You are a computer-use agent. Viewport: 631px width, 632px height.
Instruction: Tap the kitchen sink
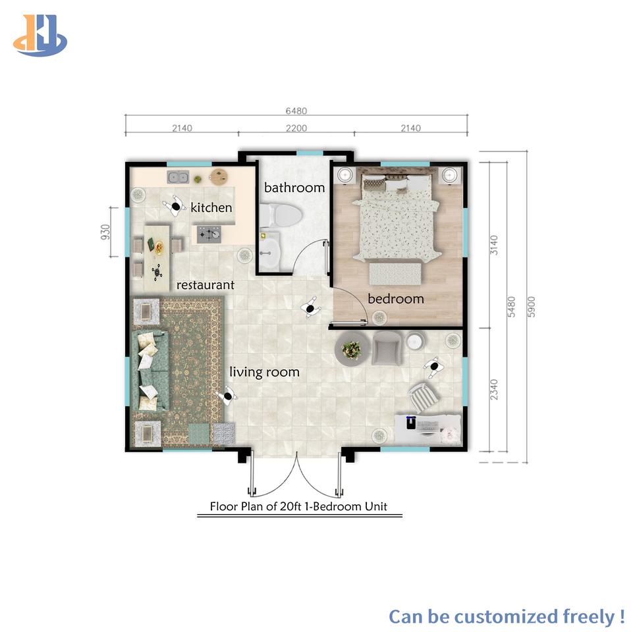(178, 177)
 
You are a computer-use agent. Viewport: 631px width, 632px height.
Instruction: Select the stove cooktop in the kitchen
(209, 234)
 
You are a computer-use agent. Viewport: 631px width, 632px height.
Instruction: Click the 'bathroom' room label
(294, 188)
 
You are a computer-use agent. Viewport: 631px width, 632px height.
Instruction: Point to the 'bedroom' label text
(396, 299)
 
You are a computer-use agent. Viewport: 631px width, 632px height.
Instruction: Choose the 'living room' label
(265, 371)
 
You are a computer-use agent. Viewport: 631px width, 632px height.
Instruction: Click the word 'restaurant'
(206, 285)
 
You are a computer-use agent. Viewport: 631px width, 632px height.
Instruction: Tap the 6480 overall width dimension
(296, 111)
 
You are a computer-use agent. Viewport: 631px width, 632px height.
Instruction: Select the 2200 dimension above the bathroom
(296, 128)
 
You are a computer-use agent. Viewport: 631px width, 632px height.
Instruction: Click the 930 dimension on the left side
(105, 232)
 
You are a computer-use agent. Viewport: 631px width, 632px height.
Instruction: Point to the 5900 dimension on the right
(532, 307)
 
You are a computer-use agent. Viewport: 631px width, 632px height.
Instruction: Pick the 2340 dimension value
(494, 389)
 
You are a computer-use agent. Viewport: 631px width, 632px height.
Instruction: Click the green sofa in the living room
(149, 370)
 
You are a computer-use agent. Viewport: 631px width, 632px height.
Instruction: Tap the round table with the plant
(351, 349)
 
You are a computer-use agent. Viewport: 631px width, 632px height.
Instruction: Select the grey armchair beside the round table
(387, 348)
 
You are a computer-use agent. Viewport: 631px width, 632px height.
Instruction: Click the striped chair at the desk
(424, 397)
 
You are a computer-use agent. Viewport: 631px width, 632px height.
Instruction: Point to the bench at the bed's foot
(396, 273)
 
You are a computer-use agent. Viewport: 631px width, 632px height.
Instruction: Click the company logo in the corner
(40, 36)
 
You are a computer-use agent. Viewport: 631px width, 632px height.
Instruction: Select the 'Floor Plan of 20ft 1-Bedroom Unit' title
(298, 506)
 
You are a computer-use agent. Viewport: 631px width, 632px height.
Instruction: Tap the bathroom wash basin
(269, 251)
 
